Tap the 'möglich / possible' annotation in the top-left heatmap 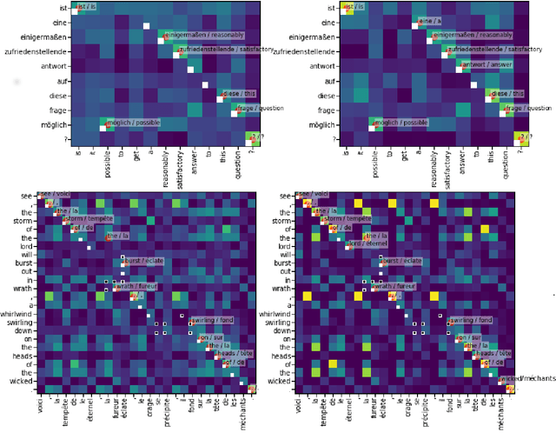coord(132,123)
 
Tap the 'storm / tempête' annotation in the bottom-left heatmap coord(89,219)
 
